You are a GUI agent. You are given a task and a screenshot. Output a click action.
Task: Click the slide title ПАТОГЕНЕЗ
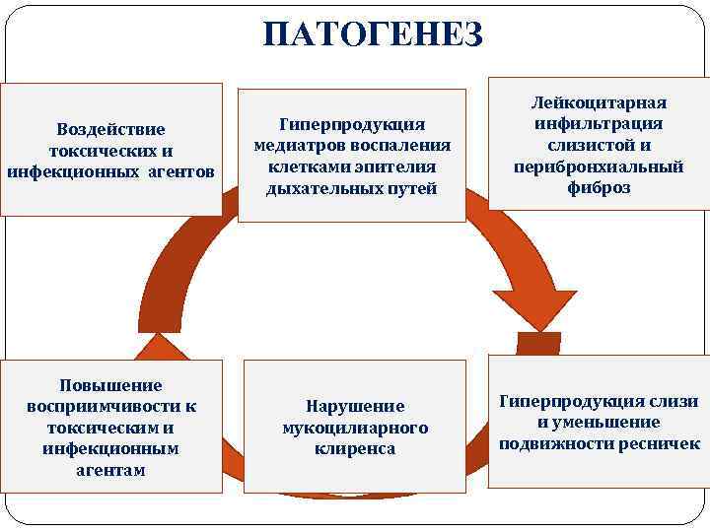pos(373,35)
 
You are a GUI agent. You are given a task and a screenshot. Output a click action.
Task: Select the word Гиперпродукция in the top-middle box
pos(352,123)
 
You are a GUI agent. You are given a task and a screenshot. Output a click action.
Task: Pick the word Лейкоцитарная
pos(599,102)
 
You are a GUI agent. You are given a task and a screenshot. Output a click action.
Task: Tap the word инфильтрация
pos(599,123)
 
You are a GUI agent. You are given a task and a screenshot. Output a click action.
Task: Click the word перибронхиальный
pos(599,166)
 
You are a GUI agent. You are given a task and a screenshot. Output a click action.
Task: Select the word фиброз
pos(599,187)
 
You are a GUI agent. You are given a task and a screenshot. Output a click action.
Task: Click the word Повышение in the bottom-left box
pos(111,385)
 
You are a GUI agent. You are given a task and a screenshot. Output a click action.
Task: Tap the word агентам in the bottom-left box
pos(111,470)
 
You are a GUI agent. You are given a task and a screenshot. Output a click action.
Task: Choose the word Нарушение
pos(355,406)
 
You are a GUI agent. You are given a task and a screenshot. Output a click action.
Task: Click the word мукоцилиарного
pos(355,428)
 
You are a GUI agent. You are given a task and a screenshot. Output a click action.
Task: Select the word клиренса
pos(355,449)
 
